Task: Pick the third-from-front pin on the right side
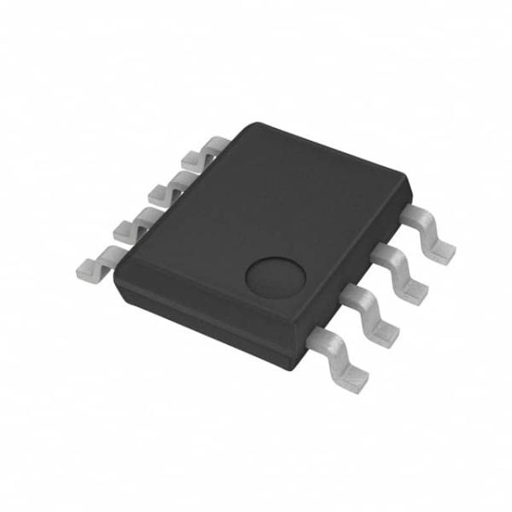[401, 273]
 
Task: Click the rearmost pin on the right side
[431, 232]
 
